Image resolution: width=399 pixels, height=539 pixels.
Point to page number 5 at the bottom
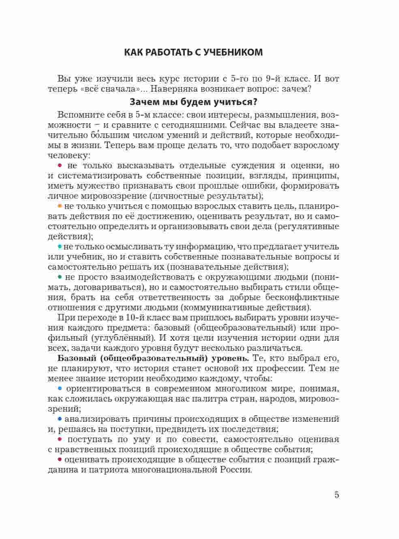pyautogui.click(x=337, y=495)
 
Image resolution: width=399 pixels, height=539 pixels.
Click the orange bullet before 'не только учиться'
pyautogui.click(x=60, y=206)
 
